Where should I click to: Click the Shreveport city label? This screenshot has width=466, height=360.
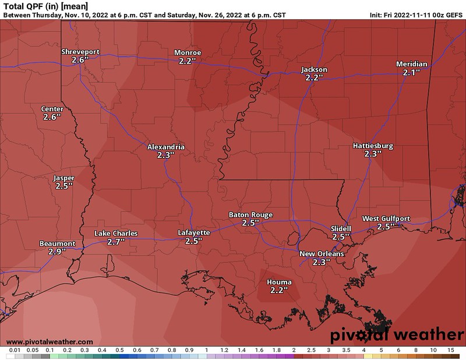tap(80, 52)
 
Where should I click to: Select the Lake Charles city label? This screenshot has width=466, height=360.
tap(116, 234)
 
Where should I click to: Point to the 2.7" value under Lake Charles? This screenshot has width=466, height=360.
tap(116, 242)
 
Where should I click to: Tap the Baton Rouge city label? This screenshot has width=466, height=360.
tap(250, 215)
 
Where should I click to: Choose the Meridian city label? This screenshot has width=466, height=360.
tap(411, 64)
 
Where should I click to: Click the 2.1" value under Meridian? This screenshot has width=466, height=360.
tap(411, 73)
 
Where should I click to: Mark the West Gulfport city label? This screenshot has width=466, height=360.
tap(386, 218)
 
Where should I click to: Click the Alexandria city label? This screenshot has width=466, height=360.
tap(166, 147)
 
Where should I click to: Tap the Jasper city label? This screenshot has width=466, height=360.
tap(63, 178)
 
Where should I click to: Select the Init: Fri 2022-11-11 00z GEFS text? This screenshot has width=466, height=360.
tap(416, 16)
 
